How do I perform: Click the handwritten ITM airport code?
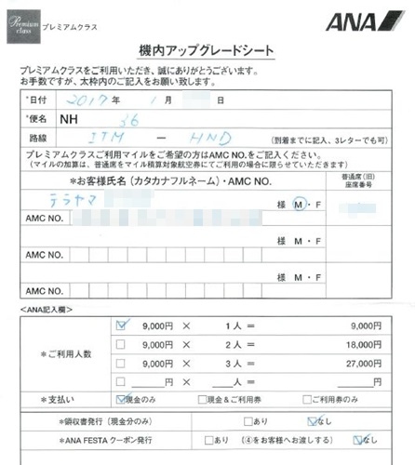point(125,137)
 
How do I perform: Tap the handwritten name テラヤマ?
point(74,198)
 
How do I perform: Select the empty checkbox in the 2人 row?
point(121,344)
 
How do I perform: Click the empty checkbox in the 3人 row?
point(121,363)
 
